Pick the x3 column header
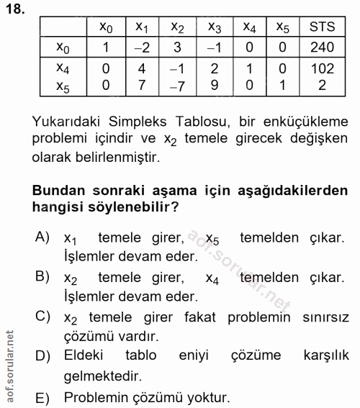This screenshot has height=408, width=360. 215,29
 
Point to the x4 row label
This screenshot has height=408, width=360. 63,68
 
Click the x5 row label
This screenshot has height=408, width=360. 63,86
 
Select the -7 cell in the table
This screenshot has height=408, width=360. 177,86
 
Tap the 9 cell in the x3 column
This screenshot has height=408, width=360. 215,86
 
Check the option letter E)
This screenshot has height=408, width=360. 42,396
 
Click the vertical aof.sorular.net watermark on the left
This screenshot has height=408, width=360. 9,363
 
